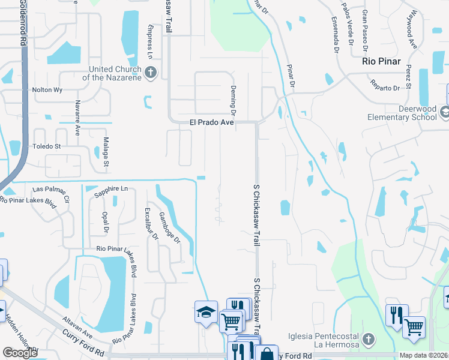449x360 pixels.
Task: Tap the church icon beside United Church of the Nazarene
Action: pos(151,73)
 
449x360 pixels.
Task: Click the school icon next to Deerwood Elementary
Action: pos(445,112)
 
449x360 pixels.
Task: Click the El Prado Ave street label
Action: pos(211,122)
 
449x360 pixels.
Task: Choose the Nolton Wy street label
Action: pos(47,90)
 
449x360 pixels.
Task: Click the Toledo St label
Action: pos(47,146)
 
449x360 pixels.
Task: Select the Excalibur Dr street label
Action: pos(149,224)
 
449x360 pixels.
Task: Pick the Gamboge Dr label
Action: pos(169,227)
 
